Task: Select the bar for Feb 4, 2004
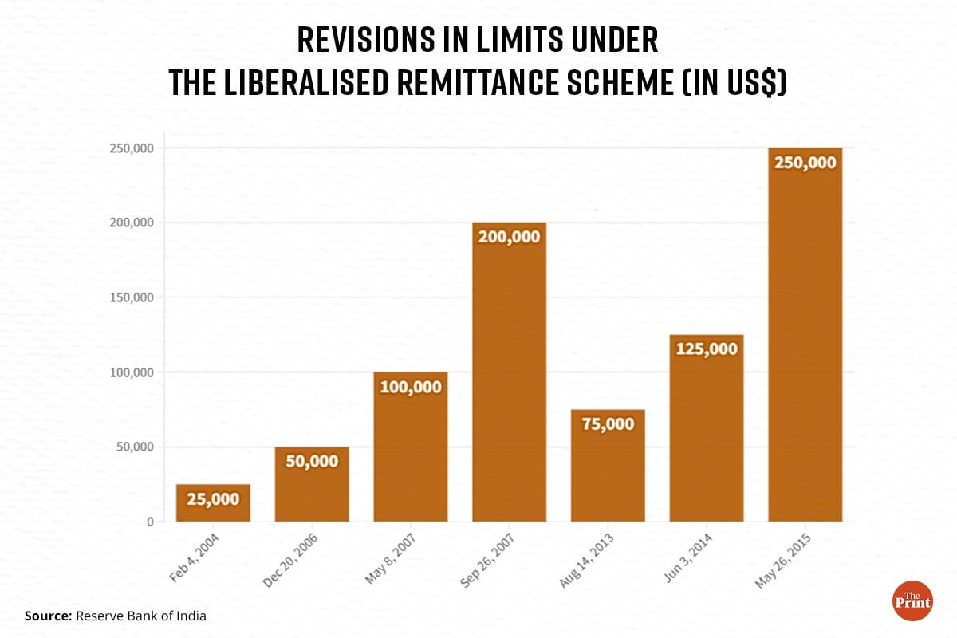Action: coord(213,503)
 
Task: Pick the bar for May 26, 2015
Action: coord(805,335)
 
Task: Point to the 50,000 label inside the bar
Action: coord(312,461)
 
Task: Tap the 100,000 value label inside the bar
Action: coord(410,386)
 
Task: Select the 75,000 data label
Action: coord(608,423)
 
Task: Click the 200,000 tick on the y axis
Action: coord(131,223)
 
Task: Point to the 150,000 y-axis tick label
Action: coord(131,297)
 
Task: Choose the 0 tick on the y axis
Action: coord(149,522)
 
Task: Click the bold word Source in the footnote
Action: coord(48,616)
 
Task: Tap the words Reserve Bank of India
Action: coord(141,616)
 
